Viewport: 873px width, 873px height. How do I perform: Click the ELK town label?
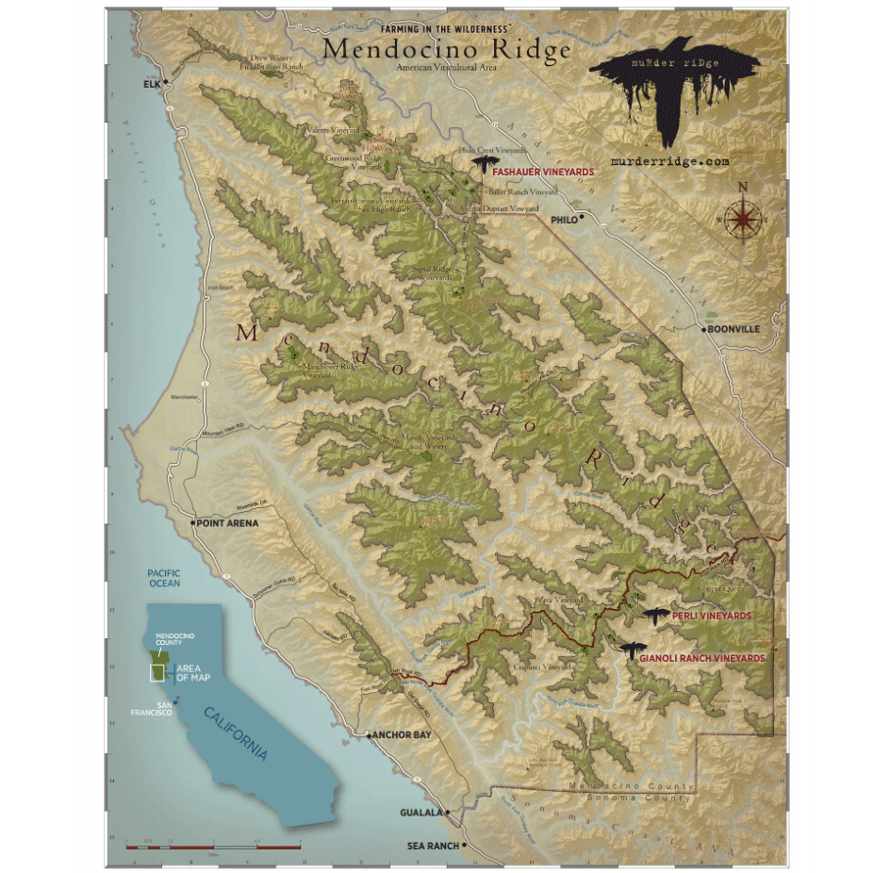point(152,84)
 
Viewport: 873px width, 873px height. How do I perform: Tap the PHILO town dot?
point(583,218)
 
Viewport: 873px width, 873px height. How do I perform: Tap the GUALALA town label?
point(420,812)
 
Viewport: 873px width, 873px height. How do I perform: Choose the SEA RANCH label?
point(433,846)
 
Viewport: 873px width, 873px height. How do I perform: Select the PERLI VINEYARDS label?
point(712,616)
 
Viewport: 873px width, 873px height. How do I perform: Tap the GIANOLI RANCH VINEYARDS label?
point(701,658)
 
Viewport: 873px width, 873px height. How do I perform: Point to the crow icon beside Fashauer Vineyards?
point(485,167)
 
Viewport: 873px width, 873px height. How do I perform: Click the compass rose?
point(744,218)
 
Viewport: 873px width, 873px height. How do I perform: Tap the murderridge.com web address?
point(670,161)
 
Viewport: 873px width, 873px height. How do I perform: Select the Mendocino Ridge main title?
point(446,49)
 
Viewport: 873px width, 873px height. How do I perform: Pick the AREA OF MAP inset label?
point(195,672)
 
